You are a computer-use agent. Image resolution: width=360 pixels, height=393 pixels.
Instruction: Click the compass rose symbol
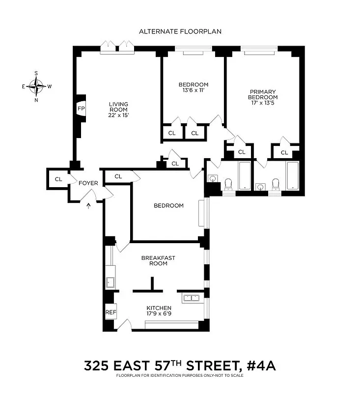(x=36, y=86)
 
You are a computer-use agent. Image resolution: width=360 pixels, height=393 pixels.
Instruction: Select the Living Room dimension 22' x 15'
(x=118, y=115)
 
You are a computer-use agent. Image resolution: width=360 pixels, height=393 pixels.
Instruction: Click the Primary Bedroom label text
(x=263, y=94)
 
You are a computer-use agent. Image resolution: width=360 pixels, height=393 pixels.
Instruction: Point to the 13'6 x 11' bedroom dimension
(x=193, y=90)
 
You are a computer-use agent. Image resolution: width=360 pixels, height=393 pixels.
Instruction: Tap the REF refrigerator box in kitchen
(x=111, y=312)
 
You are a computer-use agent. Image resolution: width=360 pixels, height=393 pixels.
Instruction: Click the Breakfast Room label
(x=154, y=260)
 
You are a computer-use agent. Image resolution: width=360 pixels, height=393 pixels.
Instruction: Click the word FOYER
(x=88, y=183)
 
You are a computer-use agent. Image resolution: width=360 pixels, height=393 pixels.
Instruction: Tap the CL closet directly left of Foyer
(x=58, y=179)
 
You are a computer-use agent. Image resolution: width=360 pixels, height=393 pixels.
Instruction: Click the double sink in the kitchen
(x=191, y=297)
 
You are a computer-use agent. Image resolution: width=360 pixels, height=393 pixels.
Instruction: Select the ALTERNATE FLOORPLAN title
(x=180, y=31)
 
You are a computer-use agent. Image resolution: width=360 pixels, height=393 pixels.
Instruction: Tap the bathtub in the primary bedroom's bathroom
(x=293, y=175)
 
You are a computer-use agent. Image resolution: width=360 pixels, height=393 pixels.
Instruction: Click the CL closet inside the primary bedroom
(x=284, y=152)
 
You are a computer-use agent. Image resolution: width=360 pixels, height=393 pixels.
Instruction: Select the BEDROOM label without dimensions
(x=168, y=205)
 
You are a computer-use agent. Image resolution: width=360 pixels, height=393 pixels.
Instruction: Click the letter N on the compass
(x=36, y=99)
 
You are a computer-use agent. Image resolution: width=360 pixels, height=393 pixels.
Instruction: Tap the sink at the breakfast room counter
(x=111, y=282)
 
